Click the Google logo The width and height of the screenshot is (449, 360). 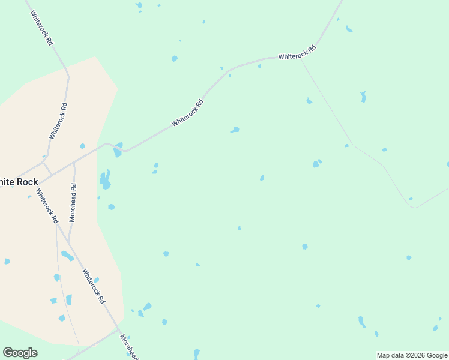tap(20, 353)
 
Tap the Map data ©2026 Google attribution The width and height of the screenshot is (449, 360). tap(412, 355)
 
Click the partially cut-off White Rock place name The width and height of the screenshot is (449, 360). tap(19, 182)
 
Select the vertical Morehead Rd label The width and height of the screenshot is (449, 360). tap(73, 203)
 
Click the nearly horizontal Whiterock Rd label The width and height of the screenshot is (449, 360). tap(297, 53)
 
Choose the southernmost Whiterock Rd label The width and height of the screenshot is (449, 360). tap(94, 286)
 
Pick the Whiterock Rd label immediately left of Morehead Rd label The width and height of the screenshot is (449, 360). tap(46, 203)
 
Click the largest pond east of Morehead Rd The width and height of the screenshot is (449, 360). tap(106, 179)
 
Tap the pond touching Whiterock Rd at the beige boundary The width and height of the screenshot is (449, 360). tap(118, 149)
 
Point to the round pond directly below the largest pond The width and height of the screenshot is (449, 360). tap(111, 207)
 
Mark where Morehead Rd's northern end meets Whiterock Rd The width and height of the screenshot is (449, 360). tap(74, 163)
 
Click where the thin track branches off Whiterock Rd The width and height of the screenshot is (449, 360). tap(301, 58)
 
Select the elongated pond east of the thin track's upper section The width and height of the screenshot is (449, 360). tap(363, 96)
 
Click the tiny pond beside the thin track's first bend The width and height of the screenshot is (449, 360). tap(346, 145)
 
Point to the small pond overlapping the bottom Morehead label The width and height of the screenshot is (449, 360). tap(128, 338)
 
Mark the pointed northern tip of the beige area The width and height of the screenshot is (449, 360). tap(95, 57)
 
